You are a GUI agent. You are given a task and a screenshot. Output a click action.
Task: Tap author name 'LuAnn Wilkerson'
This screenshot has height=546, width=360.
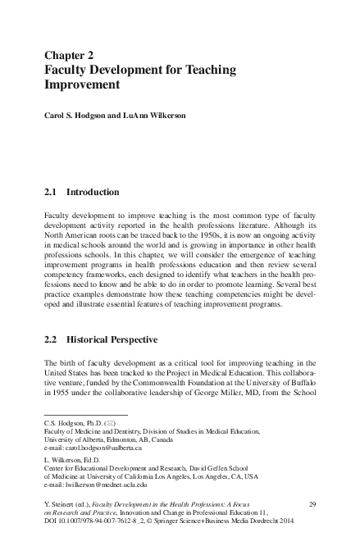click(157, 116)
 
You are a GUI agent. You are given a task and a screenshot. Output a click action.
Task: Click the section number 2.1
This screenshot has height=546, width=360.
click(51, 192)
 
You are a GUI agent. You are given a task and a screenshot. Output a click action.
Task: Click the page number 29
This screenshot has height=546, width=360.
click(311, 502)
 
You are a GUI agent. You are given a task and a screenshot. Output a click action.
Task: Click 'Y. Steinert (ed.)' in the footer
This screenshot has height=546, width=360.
click(70, 502)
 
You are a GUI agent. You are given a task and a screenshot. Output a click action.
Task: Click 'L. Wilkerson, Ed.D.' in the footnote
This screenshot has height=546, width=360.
click(75, 461)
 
